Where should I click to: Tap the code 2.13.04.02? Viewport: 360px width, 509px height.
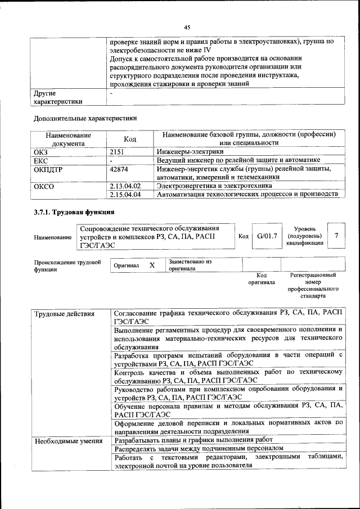click(125, 186)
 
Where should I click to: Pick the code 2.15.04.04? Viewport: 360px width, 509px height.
click(125, 195)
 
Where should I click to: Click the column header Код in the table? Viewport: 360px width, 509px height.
click(130, 139)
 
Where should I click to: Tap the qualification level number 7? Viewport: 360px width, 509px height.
click(336, 236)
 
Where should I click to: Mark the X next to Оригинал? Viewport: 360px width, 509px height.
click(152, 264)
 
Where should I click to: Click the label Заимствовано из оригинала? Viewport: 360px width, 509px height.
click(190, 265)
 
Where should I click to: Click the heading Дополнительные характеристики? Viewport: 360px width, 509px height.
click(85, 118)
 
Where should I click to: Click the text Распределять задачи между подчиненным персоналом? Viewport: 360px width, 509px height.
click(195, 449)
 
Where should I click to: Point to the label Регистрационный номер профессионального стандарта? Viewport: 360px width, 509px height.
click(313, 285)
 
